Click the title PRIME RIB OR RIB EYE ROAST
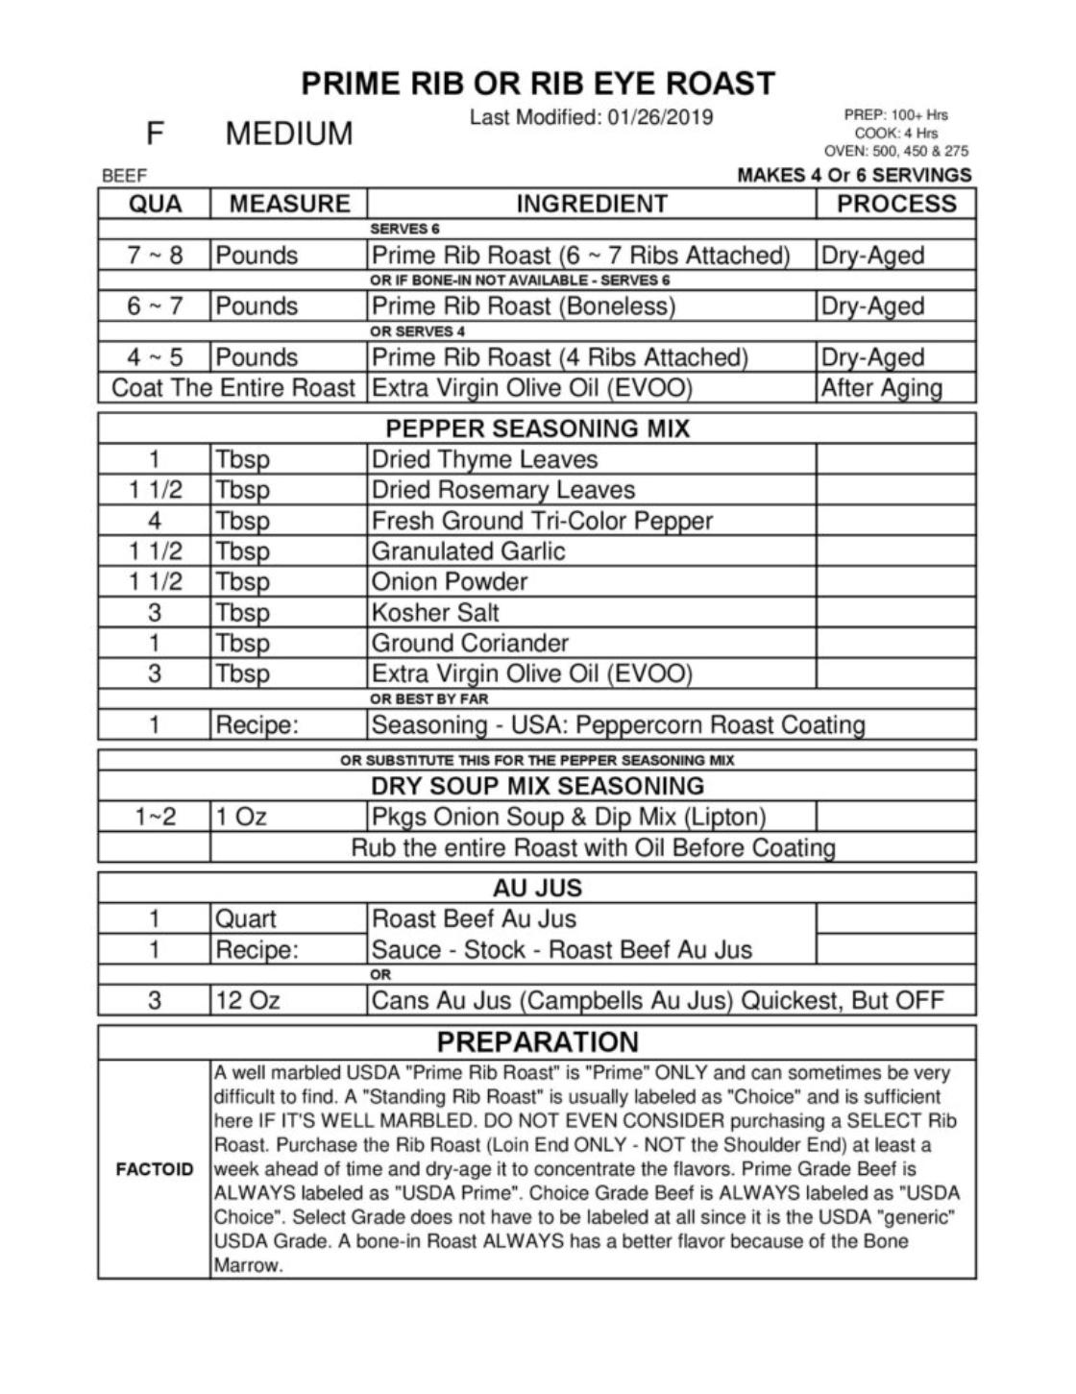[x=538, y=84]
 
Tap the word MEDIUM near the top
[x=289, y=134]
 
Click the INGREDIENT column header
[x=591, y=204]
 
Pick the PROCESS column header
[x=895, y=204]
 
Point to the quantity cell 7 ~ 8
[x=155, y=256]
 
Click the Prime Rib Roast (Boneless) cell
[x=524, y=306]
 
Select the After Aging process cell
[x=881, y=388]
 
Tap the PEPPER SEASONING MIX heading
[x=537, y=428]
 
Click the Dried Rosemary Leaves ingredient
[x=502, y=490]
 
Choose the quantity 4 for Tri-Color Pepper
[x=155, y=521]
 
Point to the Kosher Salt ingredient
[x=435, y=612]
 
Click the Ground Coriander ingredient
[x=470, y=643]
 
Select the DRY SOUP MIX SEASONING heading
[x=537, y=786]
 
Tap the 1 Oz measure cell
[x=241, y=817]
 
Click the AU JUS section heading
[x=537, y=888]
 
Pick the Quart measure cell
[x=245, y=919]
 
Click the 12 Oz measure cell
[x=247, y=1001]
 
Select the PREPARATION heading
[x=537, y=1042]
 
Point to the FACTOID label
[x=155, y=1169]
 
